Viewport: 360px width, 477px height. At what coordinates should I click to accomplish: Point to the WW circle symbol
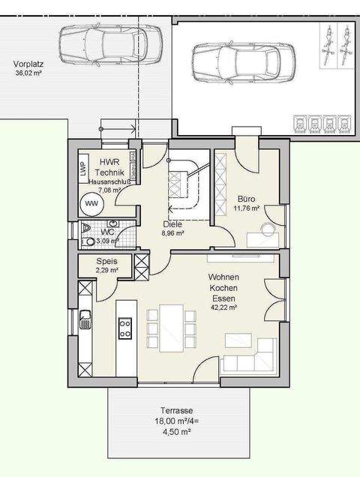click(91, 203)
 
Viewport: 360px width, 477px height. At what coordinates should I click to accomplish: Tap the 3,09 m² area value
click(106, 241)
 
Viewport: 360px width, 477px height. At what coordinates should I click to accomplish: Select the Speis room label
click(106, 262)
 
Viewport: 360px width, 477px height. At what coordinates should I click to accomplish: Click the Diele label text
click(173, 223)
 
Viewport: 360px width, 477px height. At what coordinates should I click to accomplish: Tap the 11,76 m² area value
click(246, 208)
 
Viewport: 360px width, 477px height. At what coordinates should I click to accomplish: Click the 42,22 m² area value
click(223, 307)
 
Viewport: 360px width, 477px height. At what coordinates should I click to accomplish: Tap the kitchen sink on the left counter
click(85, 321)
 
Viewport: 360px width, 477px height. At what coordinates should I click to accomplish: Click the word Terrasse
click(177, 411)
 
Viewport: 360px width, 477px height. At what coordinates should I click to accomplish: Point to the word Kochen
click(223, 287)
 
